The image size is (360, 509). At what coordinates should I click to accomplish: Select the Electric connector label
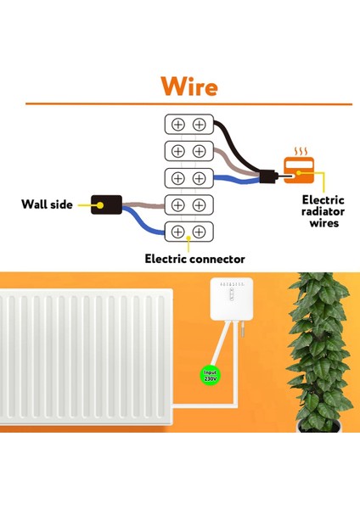(x=194, y=258)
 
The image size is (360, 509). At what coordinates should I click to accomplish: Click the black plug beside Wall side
(x=107, y=204)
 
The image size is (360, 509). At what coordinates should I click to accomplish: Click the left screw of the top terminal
(x=178, y=124)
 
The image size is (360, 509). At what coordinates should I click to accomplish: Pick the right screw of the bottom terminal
(x=199, y=231)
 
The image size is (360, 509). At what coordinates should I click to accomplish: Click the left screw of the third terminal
(x=178, y=177)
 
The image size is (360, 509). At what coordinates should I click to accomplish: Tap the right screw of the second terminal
(x=199, y=151)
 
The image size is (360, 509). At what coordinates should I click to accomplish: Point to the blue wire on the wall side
(x=144, y=223)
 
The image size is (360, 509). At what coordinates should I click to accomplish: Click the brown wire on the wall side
(x=144, y=204)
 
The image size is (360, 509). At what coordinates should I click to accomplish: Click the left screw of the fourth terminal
(x=178, y=204)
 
